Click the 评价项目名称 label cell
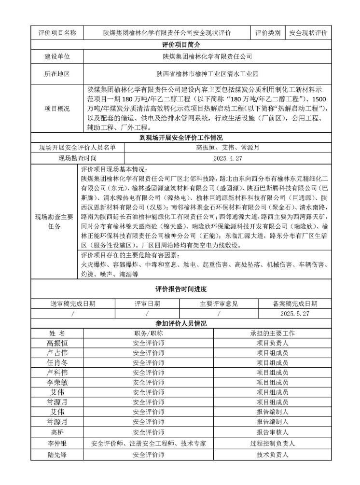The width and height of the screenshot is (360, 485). [x=57, y=33]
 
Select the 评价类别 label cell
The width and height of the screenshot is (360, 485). [x=268, y=33]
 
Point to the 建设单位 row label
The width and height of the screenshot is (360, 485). [x=57, y=56]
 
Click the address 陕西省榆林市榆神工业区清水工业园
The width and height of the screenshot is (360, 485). [x=208, y=74]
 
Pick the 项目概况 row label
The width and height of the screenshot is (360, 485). [x=57, y=109]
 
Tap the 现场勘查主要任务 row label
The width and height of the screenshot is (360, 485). [x=54, y=222]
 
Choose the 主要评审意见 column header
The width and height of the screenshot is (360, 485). [x=219, y=304]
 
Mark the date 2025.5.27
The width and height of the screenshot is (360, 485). [x=294, y=314]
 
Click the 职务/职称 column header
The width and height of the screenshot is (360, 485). [x=149, y=333]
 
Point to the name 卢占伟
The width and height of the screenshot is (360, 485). [x=57, y=353]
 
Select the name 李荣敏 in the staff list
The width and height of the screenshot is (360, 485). [x=57, y=382]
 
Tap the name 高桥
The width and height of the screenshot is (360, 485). [x=57, y=431]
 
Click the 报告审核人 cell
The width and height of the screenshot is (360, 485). [x=272, y=431]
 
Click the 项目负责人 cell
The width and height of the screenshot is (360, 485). [x=272, y=343]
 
